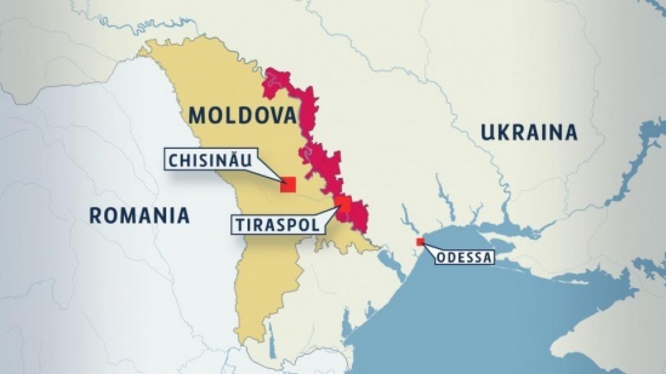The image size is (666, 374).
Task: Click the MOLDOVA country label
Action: click(243, 115)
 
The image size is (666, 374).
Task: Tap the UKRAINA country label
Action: click(529, 133)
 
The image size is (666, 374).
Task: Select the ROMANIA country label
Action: click(139, 215)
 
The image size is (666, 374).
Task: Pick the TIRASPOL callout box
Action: click(276, 224)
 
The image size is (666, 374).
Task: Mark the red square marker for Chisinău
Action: click(287, 185)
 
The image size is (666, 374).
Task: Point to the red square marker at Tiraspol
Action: click(342, 203)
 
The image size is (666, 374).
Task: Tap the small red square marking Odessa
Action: click(420, 242)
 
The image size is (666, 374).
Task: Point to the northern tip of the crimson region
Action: click(271, 71)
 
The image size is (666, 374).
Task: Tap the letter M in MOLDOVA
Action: click(198, 115)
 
